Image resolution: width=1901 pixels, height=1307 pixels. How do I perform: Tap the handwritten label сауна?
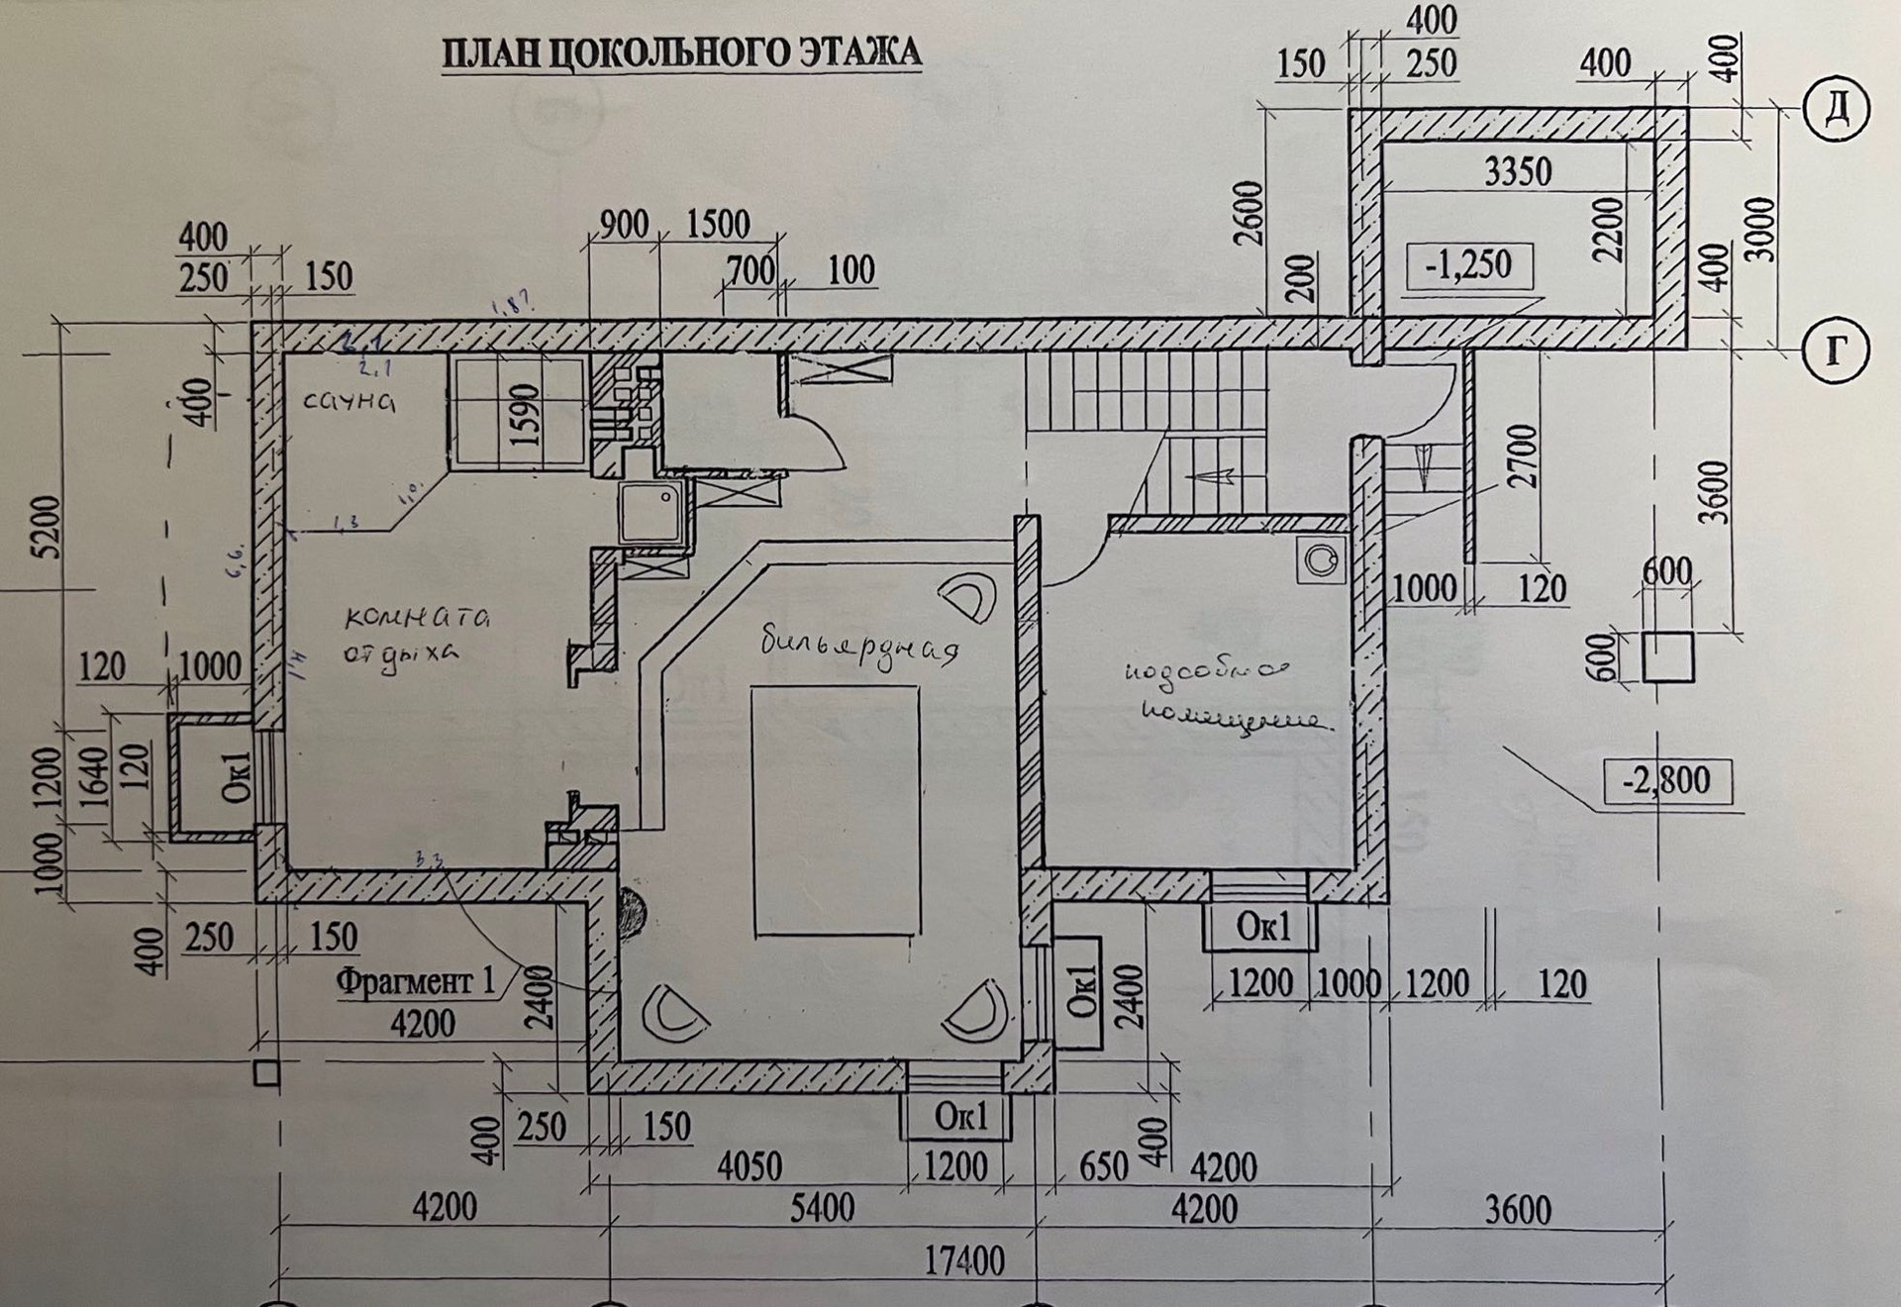point(349,400)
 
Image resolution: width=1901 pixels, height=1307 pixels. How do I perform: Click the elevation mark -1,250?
point(1468,265)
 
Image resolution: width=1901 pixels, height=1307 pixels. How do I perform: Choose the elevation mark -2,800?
point(1666,780)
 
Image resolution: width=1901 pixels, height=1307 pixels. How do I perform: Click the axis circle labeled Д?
point(1837,109)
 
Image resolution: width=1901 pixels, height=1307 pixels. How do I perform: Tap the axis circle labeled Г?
point(1837,350)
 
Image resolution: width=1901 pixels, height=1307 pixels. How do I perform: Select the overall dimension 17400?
point(963,1261)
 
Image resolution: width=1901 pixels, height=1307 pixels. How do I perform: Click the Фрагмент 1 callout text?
point(415,981)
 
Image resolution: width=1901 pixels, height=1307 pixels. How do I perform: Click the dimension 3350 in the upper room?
point(1518,172)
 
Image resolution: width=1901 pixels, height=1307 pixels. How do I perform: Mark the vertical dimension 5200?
point(46,527)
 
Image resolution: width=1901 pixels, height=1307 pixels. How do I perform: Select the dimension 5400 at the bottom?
point(822,1209)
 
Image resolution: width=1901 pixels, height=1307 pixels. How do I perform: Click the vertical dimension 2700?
point(1524,455)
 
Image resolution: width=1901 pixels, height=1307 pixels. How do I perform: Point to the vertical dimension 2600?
point(1251,212)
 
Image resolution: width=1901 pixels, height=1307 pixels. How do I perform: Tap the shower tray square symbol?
point(650,512)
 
